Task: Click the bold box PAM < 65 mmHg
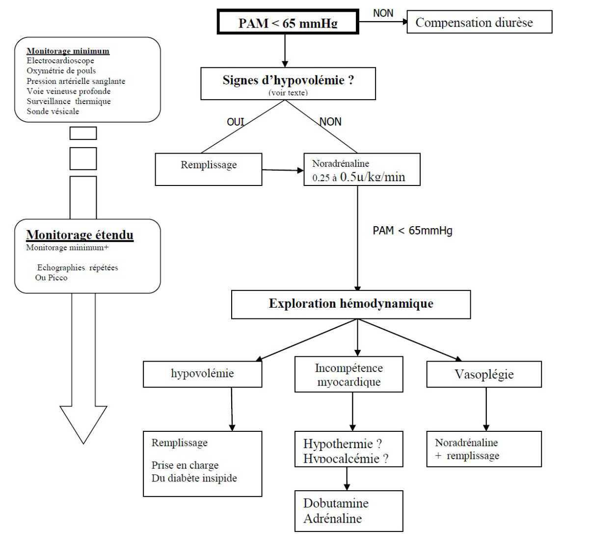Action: (288, 23)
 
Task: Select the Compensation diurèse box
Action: (479, 23)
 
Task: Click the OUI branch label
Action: (235, 122)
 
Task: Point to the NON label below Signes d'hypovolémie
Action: (330, 122)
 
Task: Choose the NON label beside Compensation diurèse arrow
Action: (383, 13)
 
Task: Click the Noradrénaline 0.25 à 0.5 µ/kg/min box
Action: (362, 170)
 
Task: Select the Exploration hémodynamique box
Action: (350, 304)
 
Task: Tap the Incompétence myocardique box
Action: (348, 374)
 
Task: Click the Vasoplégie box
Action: (484, 374)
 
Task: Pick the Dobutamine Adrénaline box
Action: (348, 511)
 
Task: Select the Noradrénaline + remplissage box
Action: (484, 449)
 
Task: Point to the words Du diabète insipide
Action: (194, 478)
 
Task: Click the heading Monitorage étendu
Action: (80, 235)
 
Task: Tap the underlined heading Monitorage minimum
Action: (68, 51)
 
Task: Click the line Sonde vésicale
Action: (53, 111)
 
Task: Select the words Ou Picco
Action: (51, 278)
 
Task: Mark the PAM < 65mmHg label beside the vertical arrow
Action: (412, 231)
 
